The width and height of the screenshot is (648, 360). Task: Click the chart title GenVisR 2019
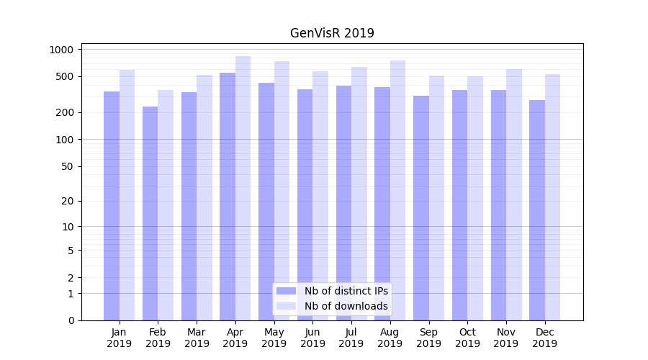point(332,33)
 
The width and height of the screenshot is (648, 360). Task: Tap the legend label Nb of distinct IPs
point(346,291)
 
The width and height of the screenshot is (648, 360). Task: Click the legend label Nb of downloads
point(346,306)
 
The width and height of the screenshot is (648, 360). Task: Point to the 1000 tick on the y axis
point(62,50)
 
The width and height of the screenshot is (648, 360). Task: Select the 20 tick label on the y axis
point(68,201)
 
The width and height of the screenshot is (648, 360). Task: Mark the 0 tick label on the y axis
point(71,320)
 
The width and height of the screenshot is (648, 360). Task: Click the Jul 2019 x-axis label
point(351,338)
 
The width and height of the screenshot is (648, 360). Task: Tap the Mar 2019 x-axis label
point(197,338)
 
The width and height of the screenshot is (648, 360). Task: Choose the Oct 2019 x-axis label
point(467,338)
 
